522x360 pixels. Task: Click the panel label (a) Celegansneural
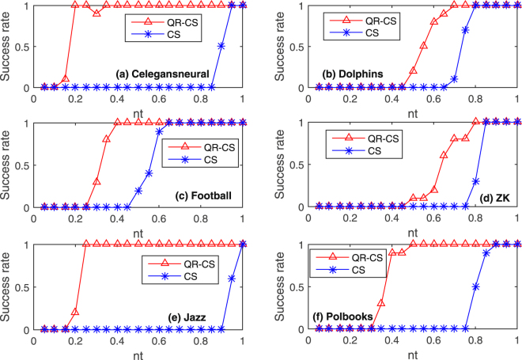tap(162, 74)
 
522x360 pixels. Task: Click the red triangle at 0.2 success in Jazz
tap(75, 312)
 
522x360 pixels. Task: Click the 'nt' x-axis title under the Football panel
tap(138, 234)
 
